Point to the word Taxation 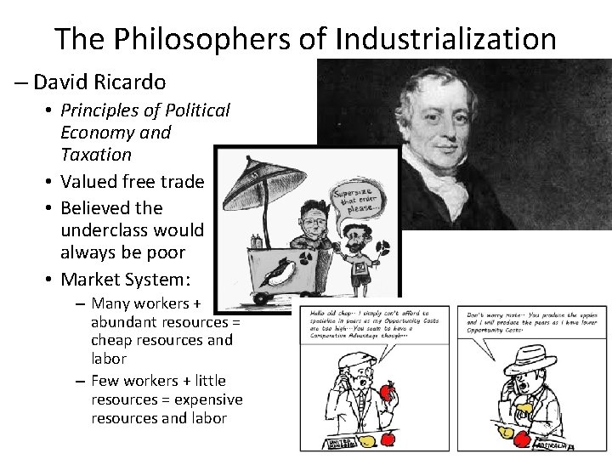96,155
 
